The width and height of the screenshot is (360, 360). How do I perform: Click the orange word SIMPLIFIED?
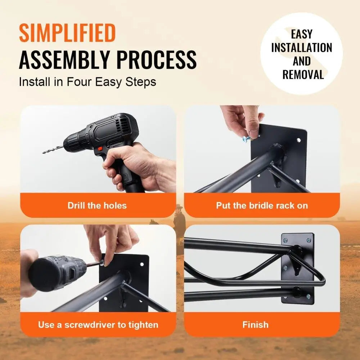point(67,33)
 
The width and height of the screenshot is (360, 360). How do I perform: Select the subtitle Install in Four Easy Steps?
point(87,82)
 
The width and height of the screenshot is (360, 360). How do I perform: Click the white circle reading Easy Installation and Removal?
point(302,54)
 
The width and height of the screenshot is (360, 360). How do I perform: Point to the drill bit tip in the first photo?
point(44,152)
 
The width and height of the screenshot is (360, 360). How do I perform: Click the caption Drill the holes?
point(97,206)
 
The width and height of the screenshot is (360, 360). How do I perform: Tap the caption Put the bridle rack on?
point(262,206)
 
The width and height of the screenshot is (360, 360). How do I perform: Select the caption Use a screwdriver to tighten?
point(98,325)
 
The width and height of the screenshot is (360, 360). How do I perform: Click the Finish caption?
point(255,325)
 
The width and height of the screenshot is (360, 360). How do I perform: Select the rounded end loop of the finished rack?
point(319,279)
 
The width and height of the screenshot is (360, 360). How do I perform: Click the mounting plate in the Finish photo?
point(297,268)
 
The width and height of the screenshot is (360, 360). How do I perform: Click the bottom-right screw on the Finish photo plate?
point(308,297)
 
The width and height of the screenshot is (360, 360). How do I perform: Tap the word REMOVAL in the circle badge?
point(303,75)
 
